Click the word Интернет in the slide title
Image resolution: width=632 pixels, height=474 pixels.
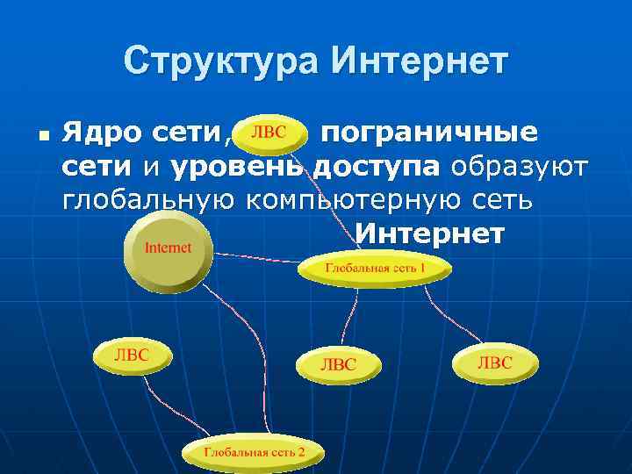419,61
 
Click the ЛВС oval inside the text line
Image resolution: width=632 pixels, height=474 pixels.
269,133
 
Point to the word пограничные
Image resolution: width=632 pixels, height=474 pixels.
428,133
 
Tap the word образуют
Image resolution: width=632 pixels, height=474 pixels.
523,167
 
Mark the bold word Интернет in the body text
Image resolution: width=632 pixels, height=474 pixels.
429,233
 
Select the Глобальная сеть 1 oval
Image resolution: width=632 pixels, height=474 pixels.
375,267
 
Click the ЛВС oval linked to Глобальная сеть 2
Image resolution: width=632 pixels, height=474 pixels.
133,355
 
